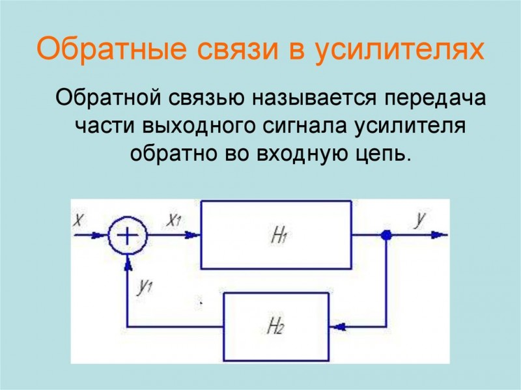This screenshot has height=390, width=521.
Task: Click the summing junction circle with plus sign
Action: point(128,235)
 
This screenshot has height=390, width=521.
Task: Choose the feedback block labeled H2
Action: point(277,323)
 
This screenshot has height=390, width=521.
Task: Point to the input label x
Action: point(79,221)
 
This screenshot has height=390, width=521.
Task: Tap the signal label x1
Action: point(175,221)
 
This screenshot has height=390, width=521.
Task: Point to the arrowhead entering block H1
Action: point(196,236)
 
